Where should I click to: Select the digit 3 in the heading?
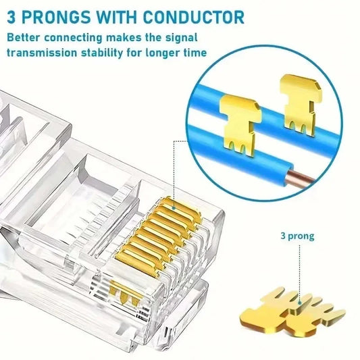point(11,16)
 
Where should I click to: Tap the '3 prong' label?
point(297,236)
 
